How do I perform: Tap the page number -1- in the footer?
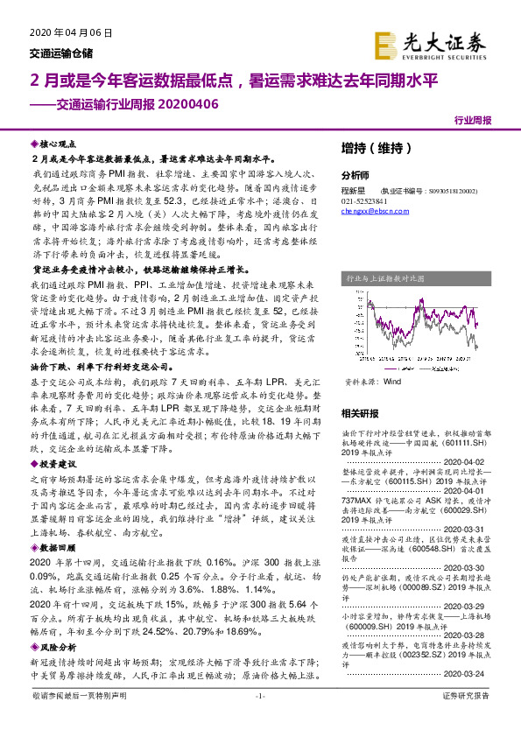(260, 719)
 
